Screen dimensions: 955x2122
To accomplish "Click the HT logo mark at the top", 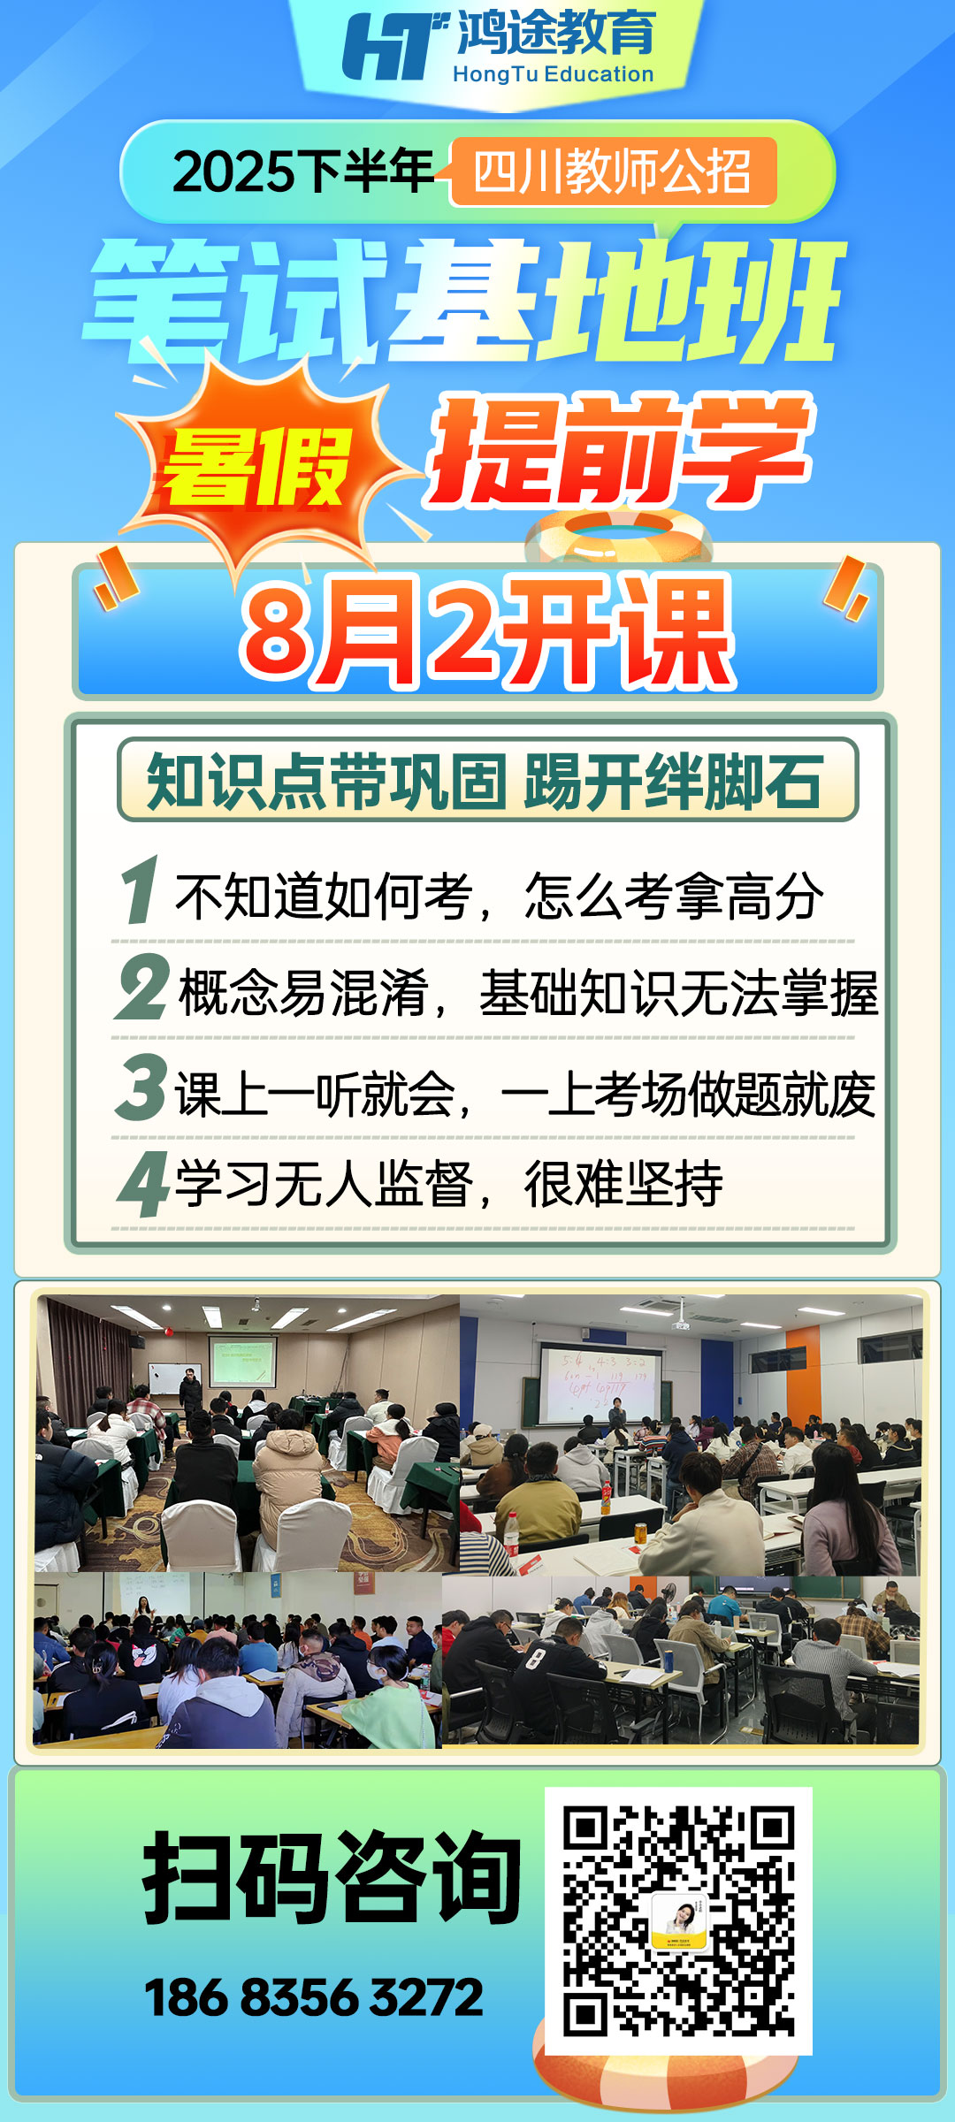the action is tap(395, 46).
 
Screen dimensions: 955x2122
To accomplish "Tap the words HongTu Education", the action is tap(554, 74).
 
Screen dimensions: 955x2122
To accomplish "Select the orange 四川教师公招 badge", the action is tap(613, 172).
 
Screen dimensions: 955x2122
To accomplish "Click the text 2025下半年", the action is tap(302, 172).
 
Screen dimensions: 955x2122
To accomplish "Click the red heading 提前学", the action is tap(619, 452).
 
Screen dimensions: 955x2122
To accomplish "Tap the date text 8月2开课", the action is tap(487, 631).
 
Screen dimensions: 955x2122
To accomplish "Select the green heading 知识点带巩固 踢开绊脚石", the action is tap(485, 781).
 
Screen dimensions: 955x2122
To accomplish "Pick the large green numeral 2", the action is tap(141, 987).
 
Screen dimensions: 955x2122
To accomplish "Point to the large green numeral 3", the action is tap(141, 1087).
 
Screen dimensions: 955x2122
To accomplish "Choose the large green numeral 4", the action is tap(143, 1184).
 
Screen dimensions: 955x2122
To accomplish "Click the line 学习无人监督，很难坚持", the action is tap(449, 1184).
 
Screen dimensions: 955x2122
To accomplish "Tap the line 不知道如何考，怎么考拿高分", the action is tap(500, 896).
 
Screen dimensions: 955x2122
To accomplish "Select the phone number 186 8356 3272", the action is tap(314, 1997).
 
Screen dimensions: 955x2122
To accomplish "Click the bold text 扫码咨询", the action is tap(332, 1877).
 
